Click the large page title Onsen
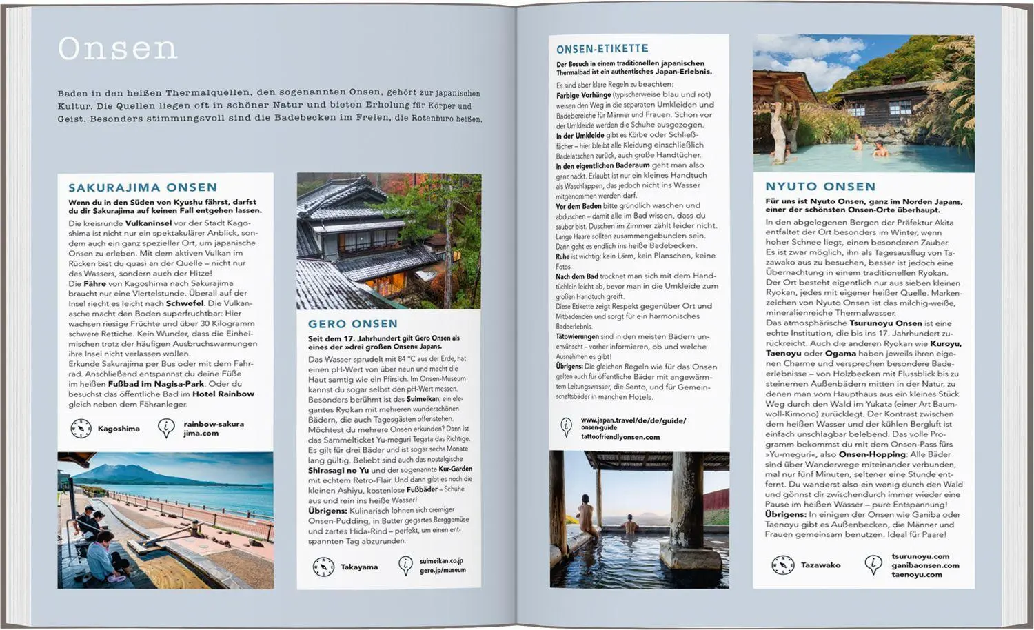pos(117,49)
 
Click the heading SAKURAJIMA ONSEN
pos(143,187)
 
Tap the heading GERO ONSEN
pos(353,324)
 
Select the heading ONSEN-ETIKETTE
pos(602,49)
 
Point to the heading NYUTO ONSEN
pos(820,186)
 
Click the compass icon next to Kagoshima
pos(81,429)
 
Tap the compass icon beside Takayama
pos(323,567)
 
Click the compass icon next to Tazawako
pos(783,565)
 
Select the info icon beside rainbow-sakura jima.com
pos(166,429)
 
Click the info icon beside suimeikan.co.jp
pos(406,566)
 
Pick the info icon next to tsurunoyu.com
pos(873,565)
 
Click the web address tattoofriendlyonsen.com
pos(620,437)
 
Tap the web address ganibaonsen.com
pos(925,565)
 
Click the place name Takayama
pos(359,567)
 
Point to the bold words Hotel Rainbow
pos(223,394)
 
